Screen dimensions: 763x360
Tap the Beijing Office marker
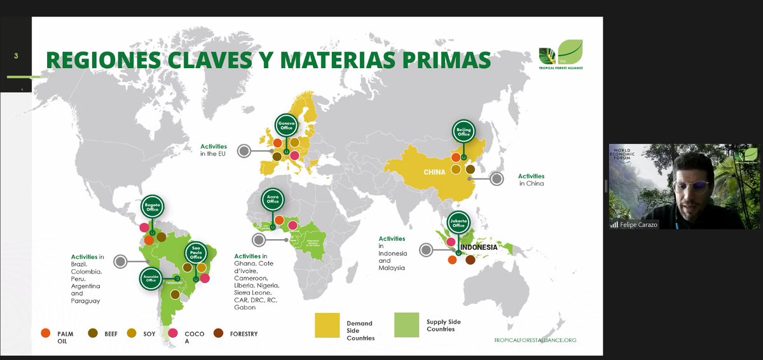tap(464, 132)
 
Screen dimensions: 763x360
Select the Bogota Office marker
tap(153, 206)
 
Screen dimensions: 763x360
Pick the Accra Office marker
tap(273, 200)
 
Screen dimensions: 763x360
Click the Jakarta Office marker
tap(460, 221)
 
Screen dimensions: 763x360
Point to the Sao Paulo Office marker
tap(196, 253)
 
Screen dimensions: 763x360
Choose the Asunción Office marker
tap(151, 279)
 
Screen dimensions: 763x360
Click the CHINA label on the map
tap(435, 172)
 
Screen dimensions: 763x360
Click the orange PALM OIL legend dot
tap(45, 333)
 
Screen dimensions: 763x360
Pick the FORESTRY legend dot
tap(218, 333)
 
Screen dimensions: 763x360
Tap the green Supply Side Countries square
tap(406, 324)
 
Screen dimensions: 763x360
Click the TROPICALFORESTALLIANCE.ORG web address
tap(534, 340)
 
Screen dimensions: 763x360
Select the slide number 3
tap(16, 56)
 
